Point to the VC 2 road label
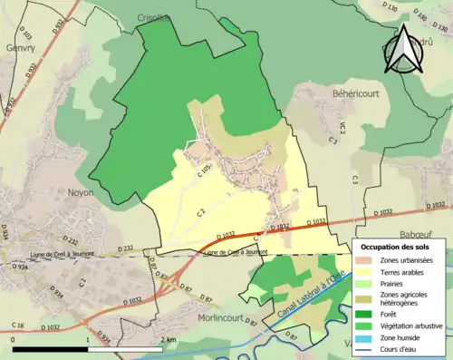click(331, 129)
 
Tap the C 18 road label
click(18, 325)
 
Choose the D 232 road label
click(124, 248)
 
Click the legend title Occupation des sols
click(397, 247)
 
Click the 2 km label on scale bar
click(169, 339)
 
